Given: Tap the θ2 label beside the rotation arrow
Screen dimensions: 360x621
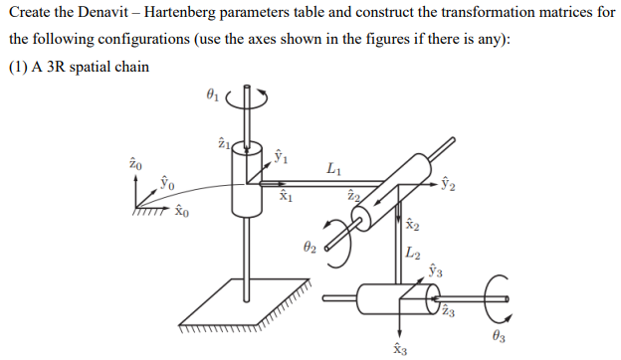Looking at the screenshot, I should (x=310, y=245).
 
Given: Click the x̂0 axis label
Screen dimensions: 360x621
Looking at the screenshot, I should (x=180, y=210).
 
